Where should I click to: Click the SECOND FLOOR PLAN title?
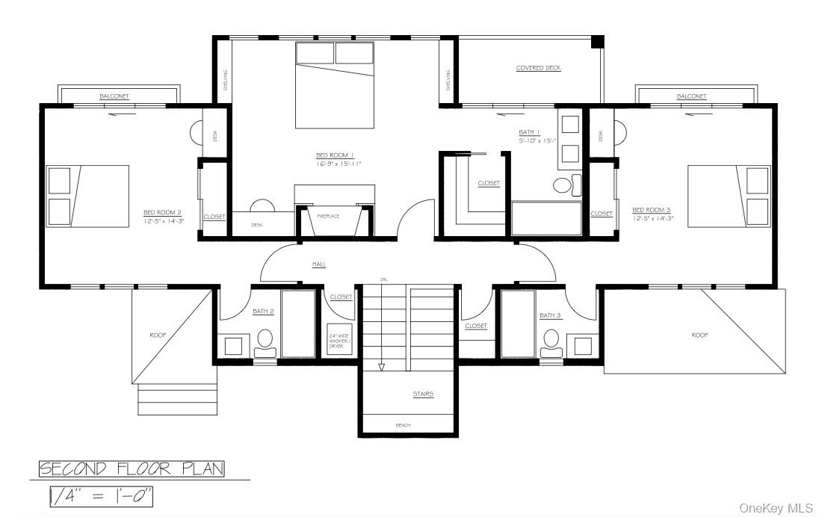(132, 469)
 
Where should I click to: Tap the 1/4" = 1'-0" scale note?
(101, 496)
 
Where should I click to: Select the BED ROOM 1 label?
(339, 155)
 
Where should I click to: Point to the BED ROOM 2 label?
(163, 212)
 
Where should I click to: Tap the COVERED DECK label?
(538, 68)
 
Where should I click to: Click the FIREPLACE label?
(328, 216)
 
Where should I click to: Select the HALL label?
(319, 264)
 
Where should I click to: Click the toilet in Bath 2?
(265, 341)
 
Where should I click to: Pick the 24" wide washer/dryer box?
(339, 341)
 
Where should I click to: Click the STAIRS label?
(423, 394)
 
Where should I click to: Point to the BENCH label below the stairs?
(403, 425)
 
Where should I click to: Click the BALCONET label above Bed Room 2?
(114, 96)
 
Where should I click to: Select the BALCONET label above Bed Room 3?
(691, 96)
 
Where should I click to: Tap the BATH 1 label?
(529, 132)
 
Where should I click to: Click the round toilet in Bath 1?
(562, 185)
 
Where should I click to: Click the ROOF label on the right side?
(699, 335)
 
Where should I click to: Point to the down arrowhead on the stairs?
(381, 367)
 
